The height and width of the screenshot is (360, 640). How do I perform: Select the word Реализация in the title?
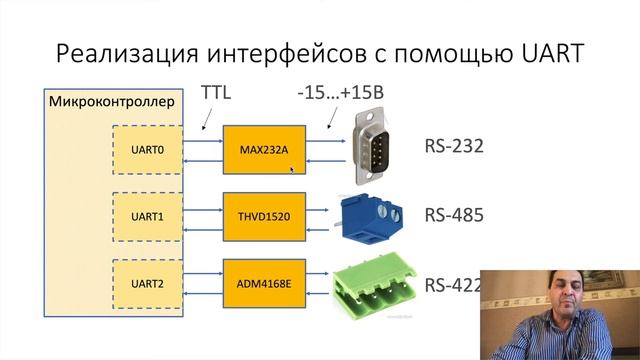(x=127, y=54)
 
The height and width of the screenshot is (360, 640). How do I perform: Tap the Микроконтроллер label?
(x=112, y=102)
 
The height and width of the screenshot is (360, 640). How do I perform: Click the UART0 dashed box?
(x=147, y=150)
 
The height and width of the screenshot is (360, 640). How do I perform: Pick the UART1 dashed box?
(x=147, y=217)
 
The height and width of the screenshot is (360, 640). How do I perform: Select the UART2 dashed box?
(x=147, y=284)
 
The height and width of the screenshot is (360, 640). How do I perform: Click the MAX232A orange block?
(x=264, y=150)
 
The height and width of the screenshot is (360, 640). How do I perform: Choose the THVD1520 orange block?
(x=264, y=217)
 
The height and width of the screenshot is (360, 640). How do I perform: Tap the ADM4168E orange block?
(x=264, y=284)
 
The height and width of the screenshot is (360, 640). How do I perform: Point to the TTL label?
(x=216, y=93)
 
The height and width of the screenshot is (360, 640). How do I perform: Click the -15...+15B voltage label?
(x=341, y=93)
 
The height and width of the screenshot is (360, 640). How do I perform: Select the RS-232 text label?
(x=454, y=146)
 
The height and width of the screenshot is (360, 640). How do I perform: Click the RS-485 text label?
(x=454, y=215)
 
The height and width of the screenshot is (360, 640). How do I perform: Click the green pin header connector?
(x=374, y=286)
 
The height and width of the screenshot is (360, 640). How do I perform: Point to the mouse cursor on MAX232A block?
(x=292, y=170)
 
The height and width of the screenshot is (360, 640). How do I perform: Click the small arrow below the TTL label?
(x=207, y=119)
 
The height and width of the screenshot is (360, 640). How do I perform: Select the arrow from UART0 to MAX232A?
(x=203, y=141)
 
